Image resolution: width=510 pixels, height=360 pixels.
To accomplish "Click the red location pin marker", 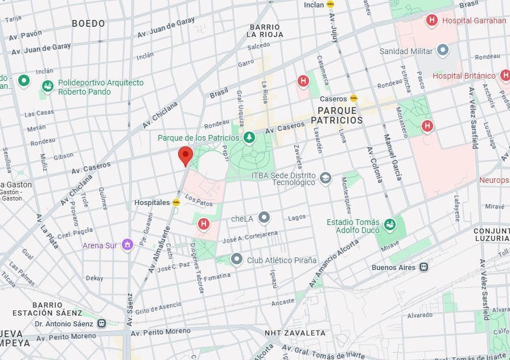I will pyautogui.click(x=186, y=155).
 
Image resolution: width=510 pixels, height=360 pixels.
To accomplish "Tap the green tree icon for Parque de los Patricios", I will pyautogui.click(x=249, y=138).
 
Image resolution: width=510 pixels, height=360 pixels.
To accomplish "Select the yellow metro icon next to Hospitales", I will pyautogui.click(x=176, y=202).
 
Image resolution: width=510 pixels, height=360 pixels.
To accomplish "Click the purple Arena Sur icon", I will pyautogui.click(x=127, y=245).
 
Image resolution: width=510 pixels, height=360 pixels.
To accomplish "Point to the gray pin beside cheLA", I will pyautogui.click(x=264, y=218).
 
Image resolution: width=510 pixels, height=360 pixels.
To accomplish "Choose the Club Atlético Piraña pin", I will pyautogui.click(x=237, y=260).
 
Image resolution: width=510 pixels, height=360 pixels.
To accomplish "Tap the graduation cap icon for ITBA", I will pyautogui.click(x=325, y=178).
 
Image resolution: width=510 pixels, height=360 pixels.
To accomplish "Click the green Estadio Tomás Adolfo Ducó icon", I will pyautogui.click(x=389, y=224).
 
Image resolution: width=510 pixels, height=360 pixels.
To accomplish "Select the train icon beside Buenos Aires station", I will pyautogui.click(x=423, y=267).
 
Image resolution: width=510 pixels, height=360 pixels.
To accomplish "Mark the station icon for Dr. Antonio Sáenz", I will pyautogui.click(x=101, y=323).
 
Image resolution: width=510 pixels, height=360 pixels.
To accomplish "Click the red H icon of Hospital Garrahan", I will pyautogui.click(x=431, y=21).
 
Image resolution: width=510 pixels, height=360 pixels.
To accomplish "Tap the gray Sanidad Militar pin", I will pyautogui.click(x=442, y=51).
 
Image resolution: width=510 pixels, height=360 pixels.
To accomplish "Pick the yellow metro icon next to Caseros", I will pyautogui.click(x=353, y=99).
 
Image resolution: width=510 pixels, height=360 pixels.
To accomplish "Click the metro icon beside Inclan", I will pyautogui.click(x=330, y=5).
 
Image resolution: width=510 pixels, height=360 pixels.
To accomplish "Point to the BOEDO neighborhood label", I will pyautogui.click(x=88, y=23).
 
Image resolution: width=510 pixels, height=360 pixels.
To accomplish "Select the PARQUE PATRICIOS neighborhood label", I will pyautogui.click(x=336, y=116).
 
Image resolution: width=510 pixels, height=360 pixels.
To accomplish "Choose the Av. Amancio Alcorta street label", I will pyautogui.click(x=334, y=263).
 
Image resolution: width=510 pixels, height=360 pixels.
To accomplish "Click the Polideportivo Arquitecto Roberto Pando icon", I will pyautogui.click(x=48, y=86).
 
